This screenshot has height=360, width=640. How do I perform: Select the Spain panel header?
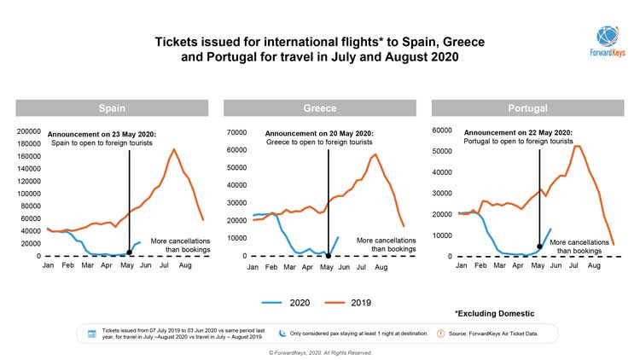coord(112,108)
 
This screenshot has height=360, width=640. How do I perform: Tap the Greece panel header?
coord(319,108)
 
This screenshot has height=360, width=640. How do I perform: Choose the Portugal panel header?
coord(527,108)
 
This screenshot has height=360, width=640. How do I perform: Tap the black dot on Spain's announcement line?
coord(129,253)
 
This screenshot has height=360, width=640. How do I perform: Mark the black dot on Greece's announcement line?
coord(329,254)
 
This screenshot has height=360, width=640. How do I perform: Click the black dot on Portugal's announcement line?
coord(539,247)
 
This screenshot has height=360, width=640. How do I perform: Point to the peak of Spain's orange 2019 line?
coord(174,149)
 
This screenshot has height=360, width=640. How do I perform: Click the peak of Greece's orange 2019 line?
coord(375,154)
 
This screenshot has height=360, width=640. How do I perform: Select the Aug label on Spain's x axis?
coord(183,266)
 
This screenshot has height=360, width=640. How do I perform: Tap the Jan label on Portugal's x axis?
coord(462,266)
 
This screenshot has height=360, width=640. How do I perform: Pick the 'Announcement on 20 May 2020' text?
coord(319,134)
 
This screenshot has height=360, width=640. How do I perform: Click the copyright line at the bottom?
coord(320,352)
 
